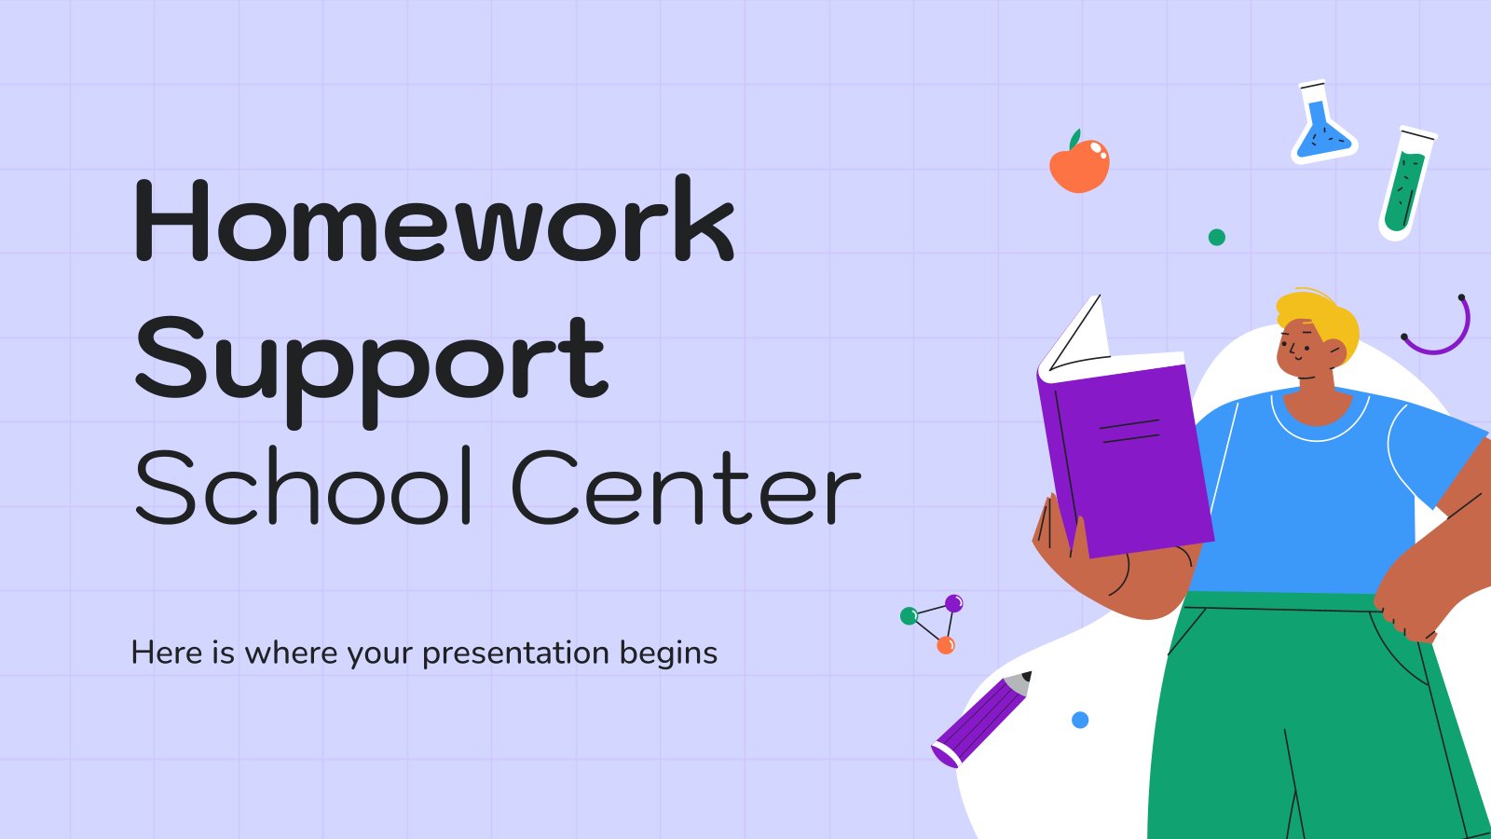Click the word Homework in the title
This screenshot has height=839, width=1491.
pos(434,219)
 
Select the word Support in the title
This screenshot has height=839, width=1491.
pos(372,372)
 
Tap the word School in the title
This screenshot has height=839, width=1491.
pos(304,486)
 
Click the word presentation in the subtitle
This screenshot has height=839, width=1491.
pos(516,653)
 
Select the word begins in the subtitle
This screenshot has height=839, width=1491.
pos(668,653)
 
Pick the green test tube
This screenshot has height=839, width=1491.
pos(1406,184)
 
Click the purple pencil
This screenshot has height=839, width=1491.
pos(982,719)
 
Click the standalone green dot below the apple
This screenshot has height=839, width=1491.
pos(1217,237)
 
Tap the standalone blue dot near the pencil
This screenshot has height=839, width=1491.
pos(1080,720)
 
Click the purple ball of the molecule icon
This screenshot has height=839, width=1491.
pos(954,603)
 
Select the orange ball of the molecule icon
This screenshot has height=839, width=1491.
pos(946,645)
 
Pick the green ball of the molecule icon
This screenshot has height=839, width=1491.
pos(909,616)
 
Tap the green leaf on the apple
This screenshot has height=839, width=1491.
pos(1074,139)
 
